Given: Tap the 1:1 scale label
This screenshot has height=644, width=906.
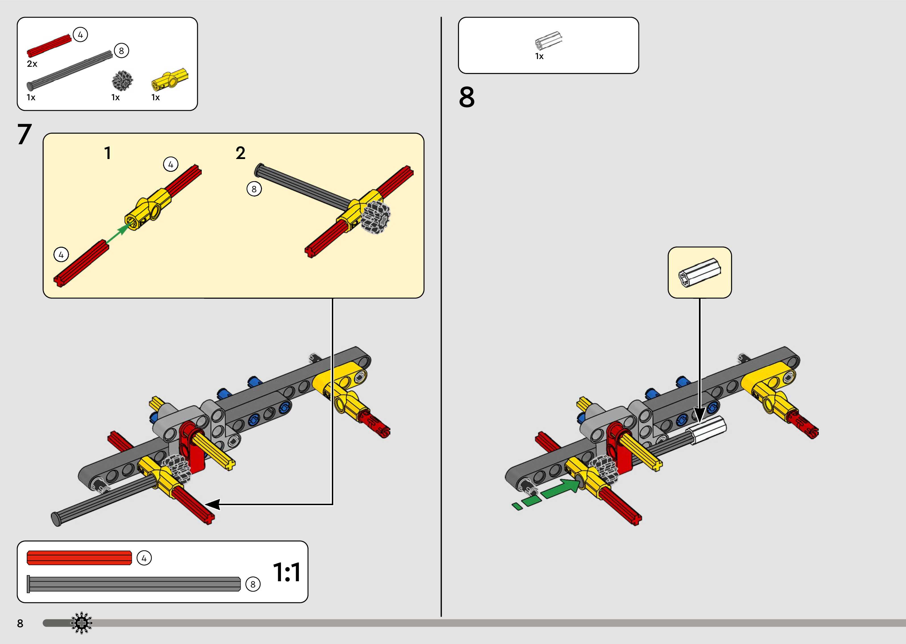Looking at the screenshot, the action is tap(287, 572).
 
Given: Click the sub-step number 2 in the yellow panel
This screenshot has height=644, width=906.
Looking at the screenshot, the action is tap(240, 153).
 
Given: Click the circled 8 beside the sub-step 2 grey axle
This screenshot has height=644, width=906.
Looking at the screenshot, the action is tap(254, 189).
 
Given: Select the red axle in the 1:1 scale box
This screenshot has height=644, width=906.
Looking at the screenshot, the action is tap(79, 558).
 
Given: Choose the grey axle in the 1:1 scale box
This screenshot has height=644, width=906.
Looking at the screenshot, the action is tap(134, 584).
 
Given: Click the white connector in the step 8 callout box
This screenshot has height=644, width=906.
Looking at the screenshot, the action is tap(699, 272).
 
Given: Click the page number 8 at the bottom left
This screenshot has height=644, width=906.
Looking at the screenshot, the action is tap(20, 623).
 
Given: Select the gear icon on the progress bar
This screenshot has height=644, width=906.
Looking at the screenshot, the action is tap(81, 623).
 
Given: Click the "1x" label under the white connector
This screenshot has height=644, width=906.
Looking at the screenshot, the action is tap(539, 56).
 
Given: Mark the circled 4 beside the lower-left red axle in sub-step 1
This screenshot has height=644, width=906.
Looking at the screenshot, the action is tap(61, 255).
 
